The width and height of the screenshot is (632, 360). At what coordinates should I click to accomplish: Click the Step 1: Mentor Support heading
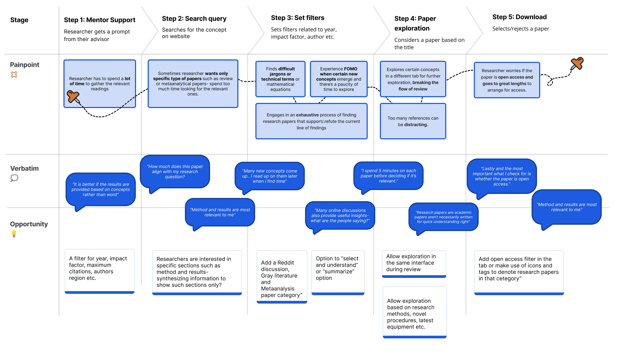(100, 20)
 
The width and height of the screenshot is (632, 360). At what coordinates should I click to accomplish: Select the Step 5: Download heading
(519, 17)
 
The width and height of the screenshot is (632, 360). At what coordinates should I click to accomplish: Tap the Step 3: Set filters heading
(298, 18)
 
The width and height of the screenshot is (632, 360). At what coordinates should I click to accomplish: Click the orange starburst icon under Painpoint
(14, 75)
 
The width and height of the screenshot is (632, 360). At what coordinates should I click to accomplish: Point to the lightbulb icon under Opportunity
(14, 234)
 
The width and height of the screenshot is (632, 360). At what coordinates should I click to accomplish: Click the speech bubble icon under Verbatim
(14, 178)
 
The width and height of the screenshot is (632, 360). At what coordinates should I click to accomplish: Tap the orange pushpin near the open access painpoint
(577, 64)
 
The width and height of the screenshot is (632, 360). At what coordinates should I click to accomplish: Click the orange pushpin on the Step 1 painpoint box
(73, 97)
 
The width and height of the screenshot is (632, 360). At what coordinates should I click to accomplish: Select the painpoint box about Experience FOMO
(339, 79)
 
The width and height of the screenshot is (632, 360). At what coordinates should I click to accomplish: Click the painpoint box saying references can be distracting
(413, 121)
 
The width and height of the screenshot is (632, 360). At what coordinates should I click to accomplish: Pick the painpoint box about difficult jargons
(280, 79)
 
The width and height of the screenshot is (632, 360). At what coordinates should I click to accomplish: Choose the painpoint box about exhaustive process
(311, 121)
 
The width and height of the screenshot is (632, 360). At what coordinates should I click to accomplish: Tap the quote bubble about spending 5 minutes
(388, 176)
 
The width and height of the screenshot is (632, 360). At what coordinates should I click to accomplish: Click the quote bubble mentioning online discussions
(340, 216)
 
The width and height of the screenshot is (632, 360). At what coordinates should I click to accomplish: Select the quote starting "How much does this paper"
(175, 172)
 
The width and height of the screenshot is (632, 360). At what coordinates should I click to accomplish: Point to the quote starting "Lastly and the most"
(502, 176)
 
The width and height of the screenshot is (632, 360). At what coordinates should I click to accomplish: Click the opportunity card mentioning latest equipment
(415, 312)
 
